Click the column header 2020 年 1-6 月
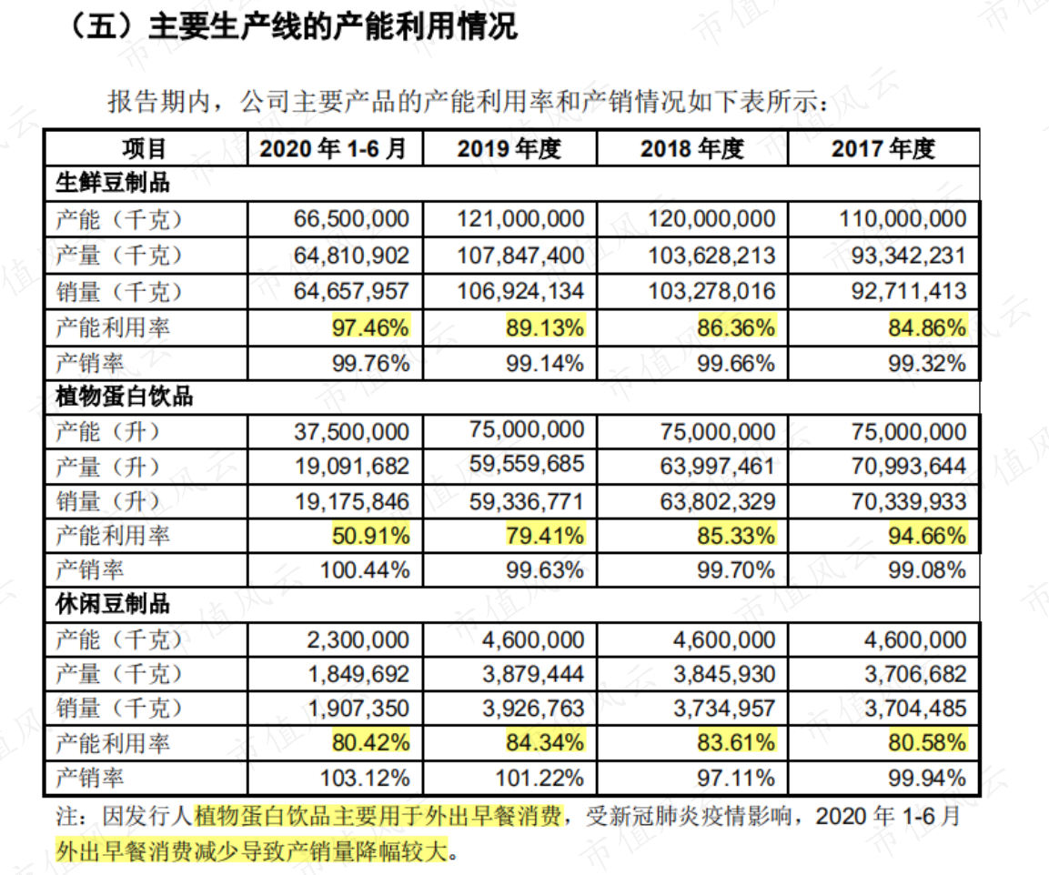(333, 148)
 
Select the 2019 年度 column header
(509, 148)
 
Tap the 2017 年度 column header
(883, 148)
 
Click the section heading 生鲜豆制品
(113, 183)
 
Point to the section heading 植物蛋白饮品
(124, 396)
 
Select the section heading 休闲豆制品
(113, 603)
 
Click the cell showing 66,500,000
(351, 218)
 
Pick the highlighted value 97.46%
(370, 327)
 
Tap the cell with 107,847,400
(520, 255)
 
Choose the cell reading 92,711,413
(909, 291)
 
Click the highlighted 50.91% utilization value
(370, 535)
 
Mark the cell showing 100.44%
(365, 570)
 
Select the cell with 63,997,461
(717, 466)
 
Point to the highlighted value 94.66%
(927, 535)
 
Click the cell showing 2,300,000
(358, 639)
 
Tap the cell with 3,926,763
(533, 709)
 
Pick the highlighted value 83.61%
(736, 742)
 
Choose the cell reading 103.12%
(365, 778)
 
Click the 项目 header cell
(144, 148)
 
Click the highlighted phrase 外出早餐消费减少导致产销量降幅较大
(251, 851)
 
